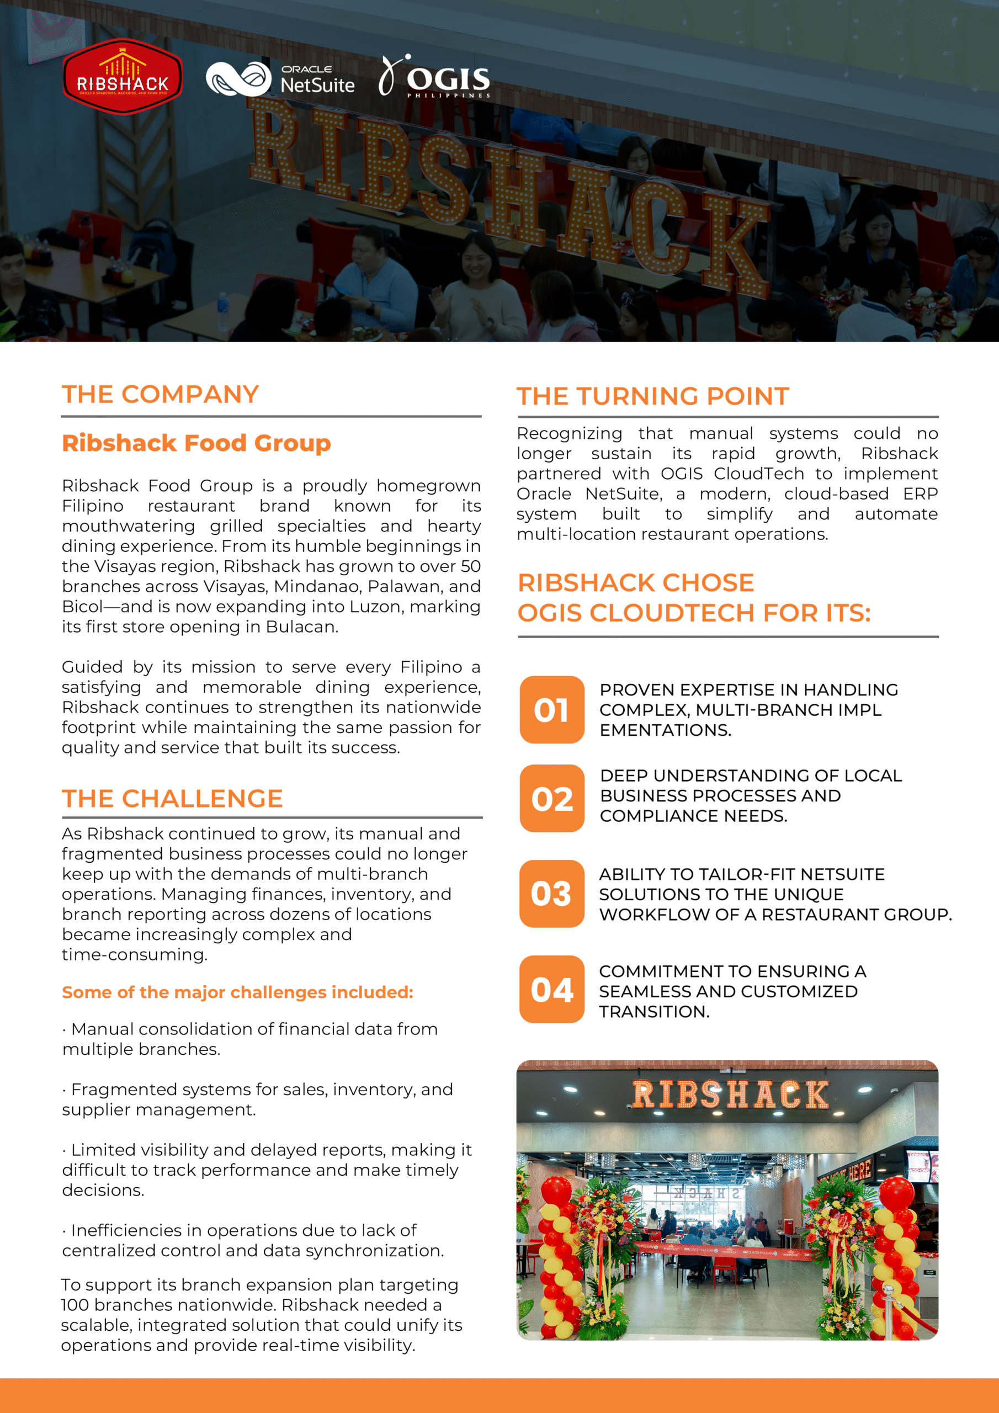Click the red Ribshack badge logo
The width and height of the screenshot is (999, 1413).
123,77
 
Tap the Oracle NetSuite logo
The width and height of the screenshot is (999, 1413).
280,79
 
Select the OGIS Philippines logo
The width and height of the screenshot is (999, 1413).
434,77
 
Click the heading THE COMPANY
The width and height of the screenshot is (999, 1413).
160,395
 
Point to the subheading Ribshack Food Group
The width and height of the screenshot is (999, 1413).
196,443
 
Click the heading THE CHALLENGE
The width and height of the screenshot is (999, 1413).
172,799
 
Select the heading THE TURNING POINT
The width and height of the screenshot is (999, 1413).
652,396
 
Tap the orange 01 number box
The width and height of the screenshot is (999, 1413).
551,710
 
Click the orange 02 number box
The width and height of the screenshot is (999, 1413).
551,799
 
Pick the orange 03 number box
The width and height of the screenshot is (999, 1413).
551,894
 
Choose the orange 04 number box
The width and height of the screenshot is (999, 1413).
551,990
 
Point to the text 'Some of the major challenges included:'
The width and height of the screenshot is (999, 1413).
237,992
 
